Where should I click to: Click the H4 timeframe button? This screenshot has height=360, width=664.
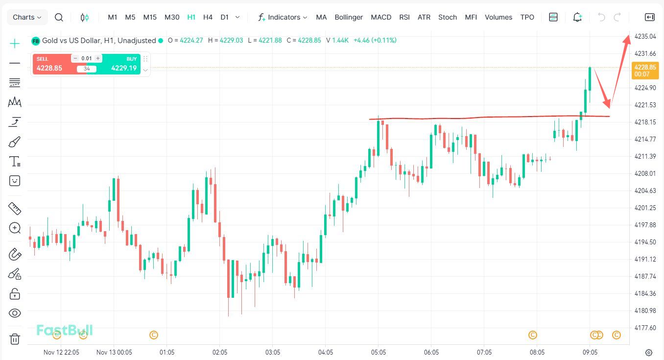tap(208, 17)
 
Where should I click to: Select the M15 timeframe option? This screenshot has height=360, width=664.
tap(150, 17)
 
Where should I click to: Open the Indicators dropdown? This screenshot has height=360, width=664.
tap(283, 17)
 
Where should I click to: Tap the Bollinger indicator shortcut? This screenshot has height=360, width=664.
tap(349, 17)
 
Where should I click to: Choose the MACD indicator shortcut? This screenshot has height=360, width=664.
tap(381, 17)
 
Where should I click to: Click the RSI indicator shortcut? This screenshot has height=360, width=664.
tap(404, 17)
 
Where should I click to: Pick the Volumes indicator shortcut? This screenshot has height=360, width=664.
tap(498, 17)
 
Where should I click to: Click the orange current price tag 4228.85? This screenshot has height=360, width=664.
tap(644, 70)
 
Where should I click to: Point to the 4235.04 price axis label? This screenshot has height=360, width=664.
tap(645, 36)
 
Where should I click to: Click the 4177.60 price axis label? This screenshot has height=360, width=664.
tap(645, 328)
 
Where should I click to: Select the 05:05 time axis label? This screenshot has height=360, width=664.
tap(379, 352)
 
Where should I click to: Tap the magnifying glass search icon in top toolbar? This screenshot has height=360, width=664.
tap(59, 17)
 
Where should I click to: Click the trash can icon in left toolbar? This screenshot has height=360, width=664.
tap(15, 339)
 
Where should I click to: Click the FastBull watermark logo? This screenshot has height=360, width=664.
tap(65, 331)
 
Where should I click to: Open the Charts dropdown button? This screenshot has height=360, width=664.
tap(27, 17)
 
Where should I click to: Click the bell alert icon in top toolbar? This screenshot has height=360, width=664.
tap(578, 17)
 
